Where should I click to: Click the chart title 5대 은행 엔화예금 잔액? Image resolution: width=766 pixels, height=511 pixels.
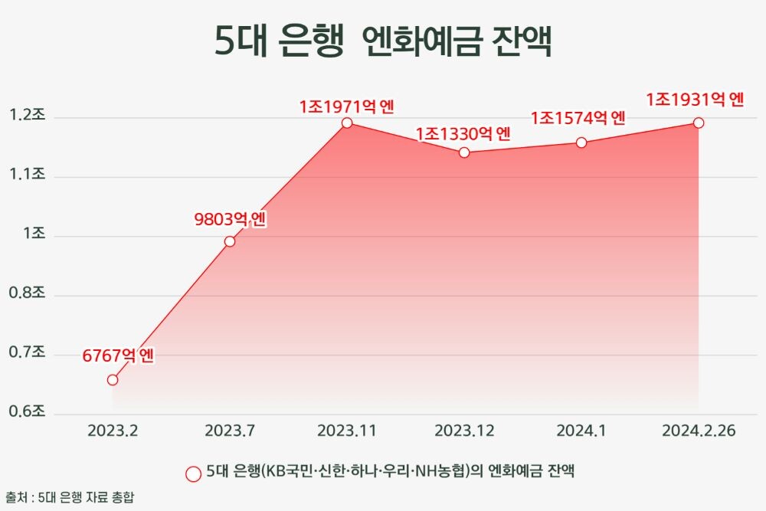click(x=382, y=42)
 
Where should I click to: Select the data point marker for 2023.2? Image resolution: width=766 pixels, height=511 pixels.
click(x=113, y=379)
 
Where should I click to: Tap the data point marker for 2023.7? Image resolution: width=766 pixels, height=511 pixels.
click(x=230, y=241)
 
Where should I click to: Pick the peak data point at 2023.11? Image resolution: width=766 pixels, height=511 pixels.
click(x=347, y=123)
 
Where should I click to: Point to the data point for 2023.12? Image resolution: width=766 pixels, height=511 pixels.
click(x=464, y=152)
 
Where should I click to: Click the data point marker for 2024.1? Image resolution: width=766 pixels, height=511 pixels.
click(x=581, y=142)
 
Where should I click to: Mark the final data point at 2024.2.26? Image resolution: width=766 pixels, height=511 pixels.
click(x=699, y=123)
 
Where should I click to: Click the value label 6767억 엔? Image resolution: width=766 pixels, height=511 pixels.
click(x=119, y=356)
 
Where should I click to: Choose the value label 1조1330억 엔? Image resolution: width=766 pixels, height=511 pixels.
click(x=463, y=134)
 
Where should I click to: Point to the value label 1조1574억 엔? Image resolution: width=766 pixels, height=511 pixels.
click(x=578, y=119)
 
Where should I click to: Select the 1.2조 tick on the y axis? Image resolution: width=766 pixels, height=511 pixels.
click(x=28, y=116)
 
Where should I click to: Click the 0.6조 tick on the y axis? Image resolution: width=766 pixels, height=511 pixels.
click(x=28, y=412)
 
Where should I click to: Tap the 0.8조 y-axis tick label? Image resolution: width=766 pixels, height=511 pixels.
click(x=28, y=294)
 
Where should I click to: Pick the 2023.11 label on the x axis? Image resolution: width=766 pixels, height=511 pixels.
click(x=347, y=431)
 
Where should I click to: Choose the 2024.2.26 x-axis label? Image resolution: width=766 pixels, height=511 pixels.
click(x=698, y=431)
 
